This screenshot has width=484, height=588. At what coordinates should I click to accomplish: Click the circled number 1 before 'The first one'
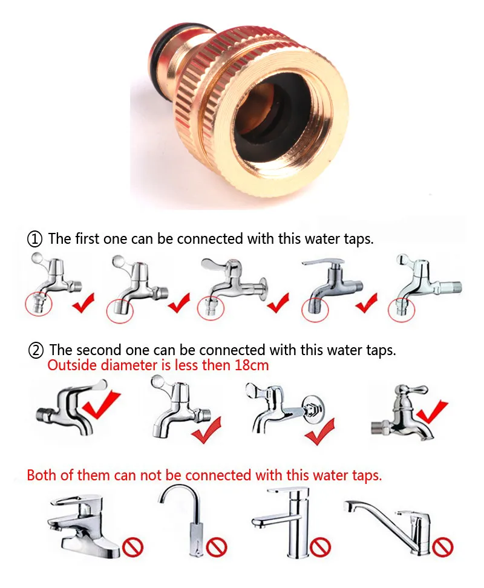[35, 239]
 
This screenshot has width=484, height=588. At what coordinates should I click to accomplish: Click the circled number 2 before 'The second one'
[36, 350]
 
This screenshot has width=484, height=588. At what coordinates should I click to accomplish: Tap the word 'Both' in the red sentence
[42, 475]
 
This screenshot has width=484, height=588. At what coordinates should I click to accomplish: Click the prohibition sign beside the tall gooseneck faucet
[217, 547]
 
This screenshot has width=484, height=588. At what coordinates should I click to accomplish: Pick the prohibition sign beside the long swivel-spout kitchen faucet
[442, 547]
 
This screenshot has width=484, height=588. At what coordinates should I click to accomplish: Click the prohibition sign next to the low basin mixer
[132, 547]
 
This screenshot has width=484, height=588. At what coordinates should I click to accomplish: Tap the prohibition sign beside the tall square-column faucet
[320, 547]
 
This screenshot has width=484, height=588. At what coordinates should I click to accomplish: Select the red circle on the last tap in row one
[402, 309]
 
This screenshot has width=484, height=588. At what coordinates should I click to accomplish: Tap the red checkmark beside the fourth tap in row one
[366, 302]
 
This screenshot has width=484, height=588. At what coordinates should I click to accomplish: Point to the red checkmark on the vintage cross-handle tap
[432, 412]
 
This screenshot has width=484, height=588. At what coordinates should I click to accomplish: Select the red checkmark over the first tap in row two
[100, 405]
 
